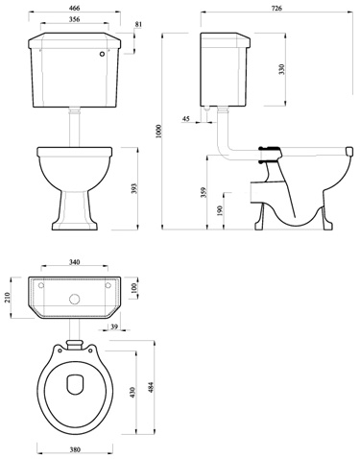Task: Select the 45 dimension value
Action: pos(186,120)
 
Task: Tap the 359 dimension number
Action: pos(203,192)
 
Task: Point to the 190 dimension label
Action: pos(221,210)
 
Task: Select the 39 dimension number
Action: pos(114,328)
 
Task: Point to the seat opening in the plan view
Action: pos(76,386)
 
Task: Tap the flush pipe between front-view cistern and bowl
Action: pos(74,126)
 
